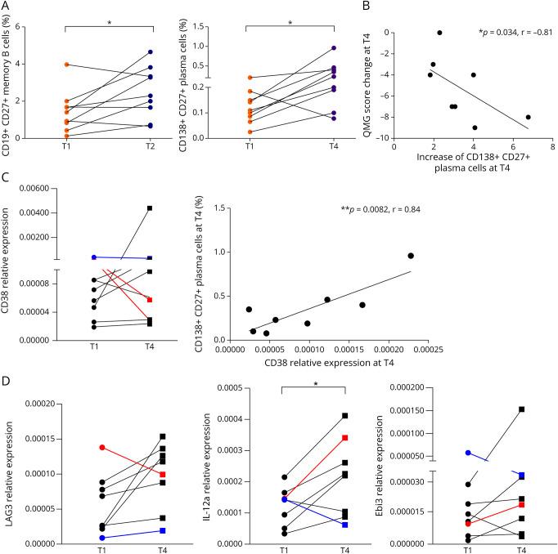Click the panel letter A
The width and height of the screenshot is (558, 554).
coord(7,7)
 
